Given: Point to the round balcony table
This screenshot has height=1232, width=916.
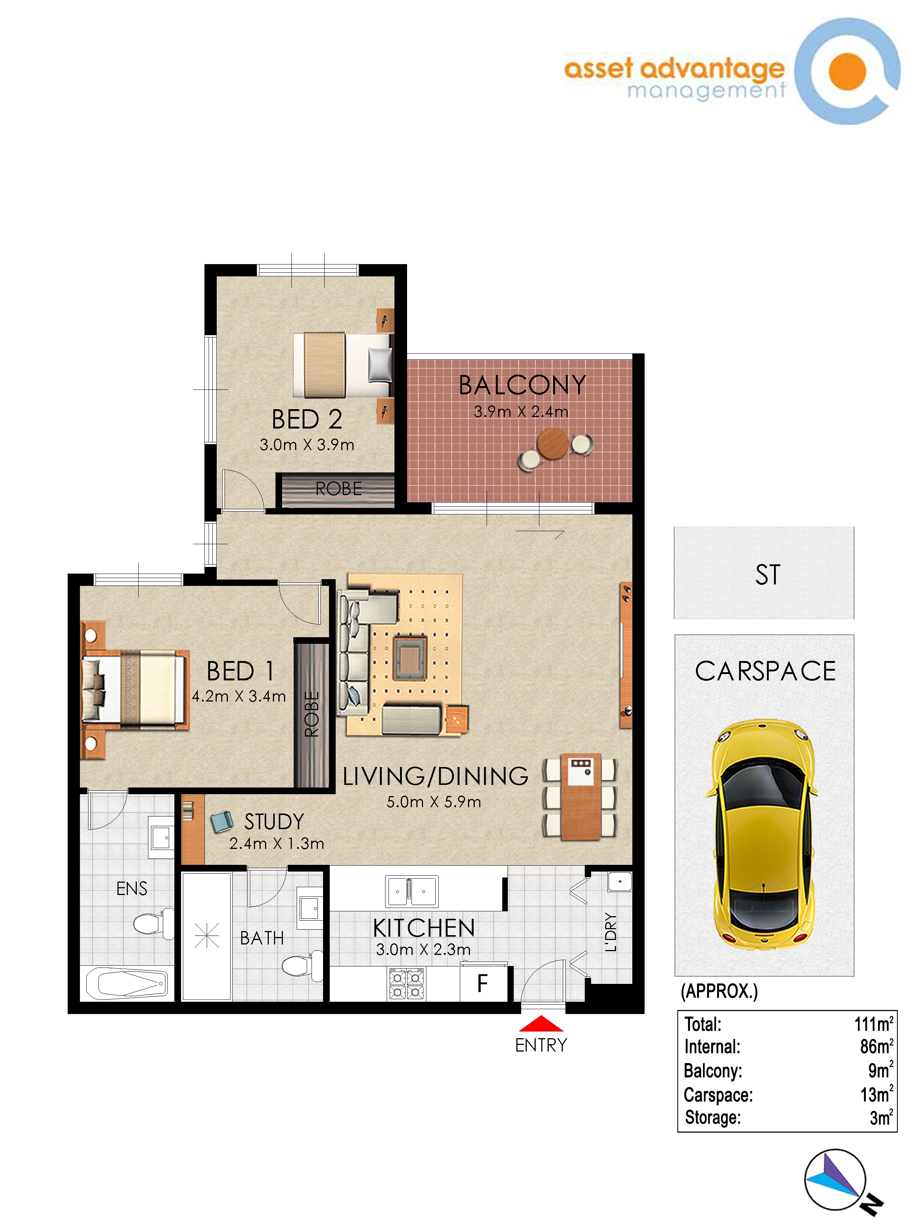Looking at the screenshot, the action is [x=553, y=443].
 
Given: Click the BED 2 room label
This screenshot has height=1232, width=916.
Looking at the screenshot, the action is [x=307, y=419].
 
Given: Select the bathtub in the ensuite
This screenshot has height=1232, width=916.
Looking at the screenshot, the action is [x=127, y=984].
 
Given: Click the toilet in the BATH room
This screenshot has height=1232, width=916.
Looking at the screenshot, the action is [x=303, y=966].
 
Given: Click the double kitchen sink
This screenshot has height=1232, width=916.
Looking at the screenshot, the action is [x=412, y=891].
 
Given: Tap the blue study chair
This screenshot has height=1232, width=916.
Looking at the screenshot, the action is [x=222, y=822].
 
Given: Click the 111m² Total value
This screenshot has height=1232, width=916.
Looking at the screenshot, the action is [x=874, y=1024].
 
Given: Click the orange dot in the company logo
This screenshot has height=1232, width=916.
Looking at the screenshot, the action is [x=847, y=71].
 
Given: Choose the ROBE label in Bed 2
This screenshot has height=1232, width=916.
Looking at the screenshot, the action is [x=339, y=489].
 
